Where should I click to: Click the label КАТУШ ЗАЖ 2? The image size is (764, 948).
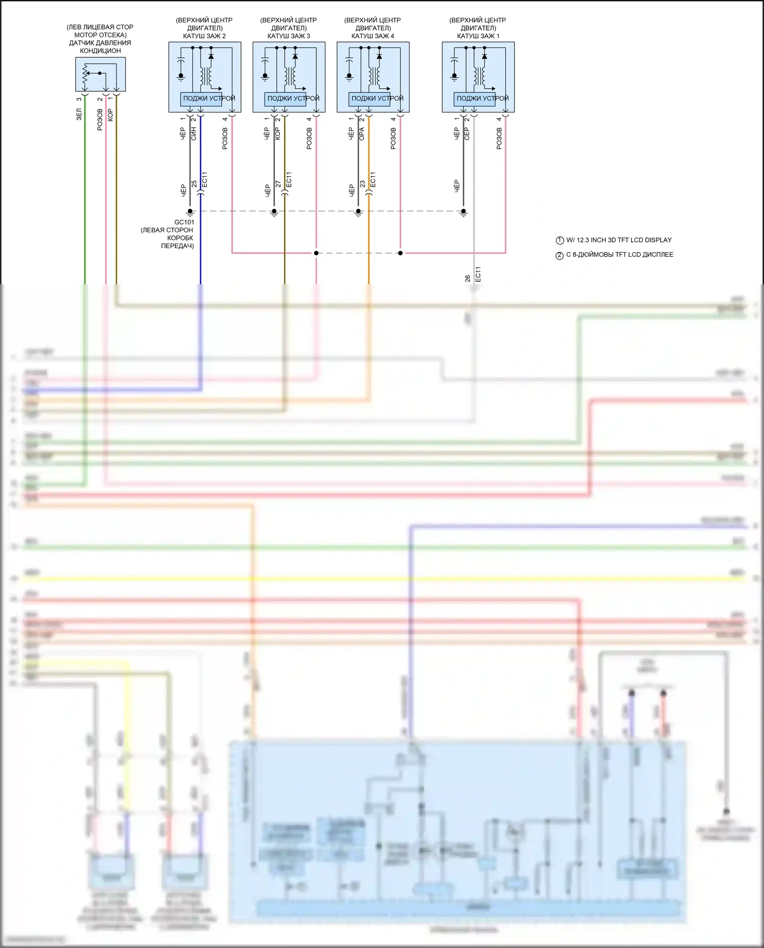pyautogui.click(x=204, y=36)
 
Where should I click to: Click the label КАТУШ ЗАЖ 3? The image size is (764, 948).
pyautogui.click(x=288, y=36)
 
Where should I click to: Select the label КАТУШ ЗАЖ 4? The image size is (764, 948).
pyautogui.click(x=372, y=36)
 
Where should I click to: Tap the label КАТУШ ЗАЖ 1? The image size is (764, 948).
pyautogui.click(x=478, y=36)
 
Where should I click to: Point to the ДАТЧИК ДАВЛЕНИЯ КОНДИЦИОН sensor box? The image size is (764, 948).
pyautogui.click(x=100, y=74)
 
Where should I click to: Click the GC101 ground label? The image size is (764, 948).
pyautogui.click(x=184, y=222)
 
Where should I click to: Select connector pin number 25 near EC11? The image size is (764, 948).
pyautogui.click(x=194, y=184)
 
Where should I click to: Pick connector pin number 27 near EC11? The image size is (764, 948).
pyautogui.click(x=278, y=184)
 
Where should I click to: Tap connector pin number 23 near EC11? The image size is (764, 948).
pyautogui.click(x=362, y=184)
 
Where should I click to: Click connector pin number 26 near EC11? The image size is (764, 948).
pyautogui.click(x=468, y=279)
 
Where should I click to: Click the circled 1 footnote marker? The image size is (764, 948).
pyautogui.click(x=560, y=240)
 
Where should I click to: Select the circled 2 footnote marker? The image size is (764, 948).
pyautogui.click(x=560, y=255)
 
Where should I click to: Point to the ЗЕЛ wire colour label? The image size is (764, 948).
pyautogui.click(x=79, y=114)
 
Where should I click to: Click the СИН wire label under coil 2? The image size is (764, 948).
pyautogui.click(x=194, y=133)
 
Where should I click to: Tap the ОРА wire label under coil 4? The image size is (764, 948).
pyautogui.click(x=362, y=133)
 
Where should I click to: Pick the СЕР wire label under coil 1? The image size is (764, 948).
pyautogui.click(x=467, y=133)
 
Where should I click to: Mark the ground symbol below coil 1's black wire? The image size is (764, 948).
pyautogui.click(x=463, y=213)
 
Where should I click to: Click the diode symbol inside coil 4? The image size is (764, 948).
pyautogui.click(x=379, y=56)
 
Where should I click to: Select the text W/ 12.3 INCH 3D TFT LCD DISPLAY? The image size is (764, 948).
pyautogui.click(x=619, y=240)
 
